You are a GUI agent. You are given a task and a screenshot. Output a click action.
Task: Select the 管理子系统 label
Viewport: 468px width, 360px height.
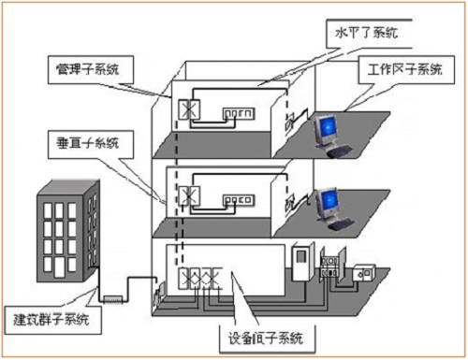point(93,68)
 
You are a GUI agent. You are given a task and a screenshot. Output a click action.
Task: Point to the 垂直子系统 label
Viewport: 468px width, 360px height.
point(93,141)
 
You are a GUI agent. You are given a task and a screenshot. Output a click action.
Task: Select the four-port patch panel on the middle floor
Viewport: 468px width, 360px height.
point(239,200)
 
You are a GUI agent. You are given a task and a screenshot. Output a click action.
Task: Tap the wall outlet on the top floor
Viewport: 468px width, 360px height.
point(290,122)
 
